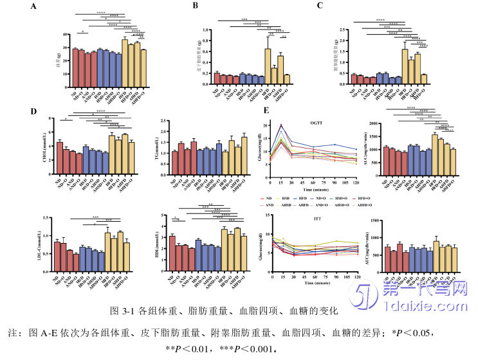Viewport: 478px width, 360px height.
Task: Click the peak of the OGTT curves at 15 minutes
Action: pyautogui.click(x=281, y=125)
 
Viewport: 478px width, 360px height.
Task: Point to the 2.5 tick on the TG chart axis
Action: pyautogui.click(x=166, y=120)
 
